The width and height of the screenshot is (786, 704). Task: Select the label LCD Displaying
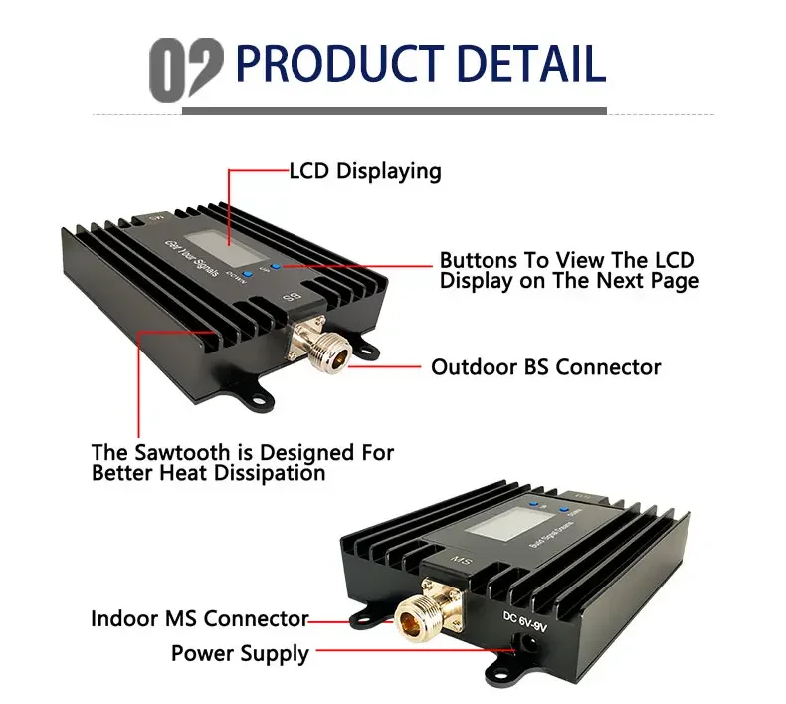pyautogui.click(x=364, y=171)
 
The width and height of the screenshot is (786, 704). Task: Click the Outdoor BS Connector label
pyautogui.click(x=545, y=367)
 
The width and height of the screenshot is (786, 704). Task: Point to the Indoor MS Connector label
pyautogui.click(x=200, y=618)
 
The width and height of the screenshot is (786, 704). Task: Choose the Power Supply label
pyautogui.click(x=240, y=653)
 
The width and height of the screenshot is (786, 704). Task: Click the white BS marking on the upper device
pyautogui.click(x=293, y=298)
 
